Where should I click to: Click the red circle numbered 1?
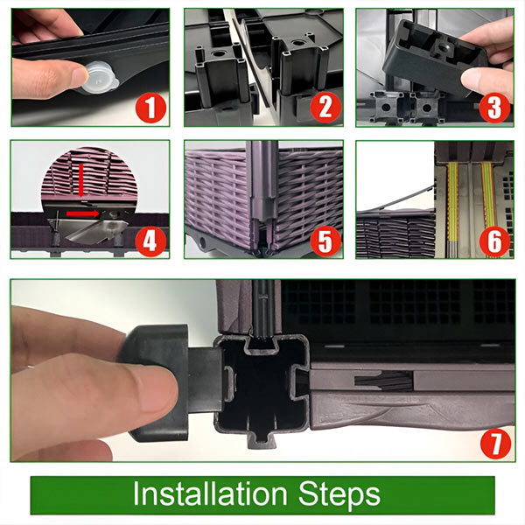coord(150,108)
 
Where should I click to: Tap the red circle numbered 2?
coord(325,108)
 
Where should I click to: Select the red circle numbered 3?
coord(494,108)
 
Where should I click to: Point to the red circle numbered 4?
coord(150,241)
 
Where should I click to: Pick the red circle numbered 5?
coord(325,241)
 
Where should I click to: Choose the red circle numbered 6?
coord(494,241)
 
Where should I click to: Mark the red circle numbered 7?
coord(495,444)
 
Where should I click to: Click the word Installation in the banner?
coord(210,493)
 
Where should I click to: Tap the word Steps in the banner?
coord(339,495)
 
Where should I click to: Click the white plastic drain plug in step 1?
coord(100,78)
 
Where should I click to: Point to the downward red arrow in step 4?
coord(81,180)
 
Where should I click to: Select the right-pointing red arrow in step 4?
coord(82,213)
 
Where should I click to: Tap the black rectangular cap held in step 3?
coord(434,60)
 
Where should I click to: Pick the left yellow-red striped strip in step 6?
coord(452,202)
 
